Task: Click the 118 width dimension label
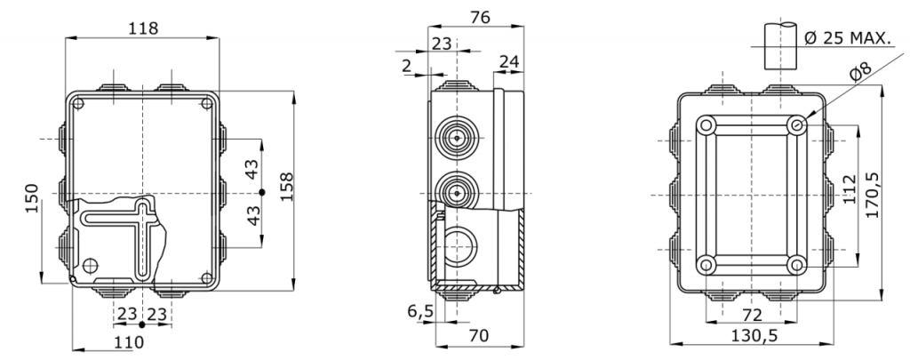click(143, 28)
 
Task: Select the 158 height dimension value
click(287, 187)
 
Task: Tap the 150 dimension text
click(32, 197)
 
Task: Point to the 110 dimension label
click(129, 342)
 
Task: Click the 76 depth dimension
click(480, 18)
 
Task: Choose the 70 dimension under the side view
click(479, 335)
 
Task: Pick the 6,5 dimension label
click(420, 312)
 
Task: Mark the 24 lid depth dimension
click(509, 61)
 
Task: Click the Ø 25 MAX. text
click(847, 38)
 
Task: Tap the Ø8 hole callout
click(859, 71)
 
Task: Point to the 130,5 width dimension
click(754, 335)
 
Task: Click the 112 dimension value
click(850, 189)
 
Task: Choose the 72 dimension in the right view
click(752, 316)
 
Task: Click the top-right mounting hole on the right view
click(797, 124)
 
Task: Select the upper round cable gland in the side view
click(457, 139)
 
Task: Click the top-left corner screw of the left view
click(78, 104)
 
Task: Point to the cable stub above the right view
click(780, 46)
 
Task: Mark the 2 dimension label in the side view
click(407, 66)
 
